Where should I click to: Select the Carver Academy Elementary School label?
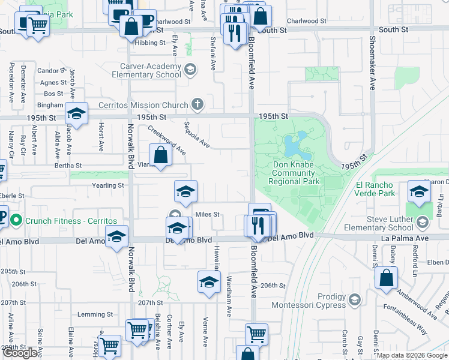click(x=146, y=70)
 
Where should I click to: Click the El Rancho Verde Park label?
click(x=375, y=189)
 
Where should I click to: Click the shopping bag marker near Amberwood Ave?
click(x=387, y=278)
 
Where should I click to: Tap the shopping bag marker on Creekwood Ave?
click(x=161, y=155)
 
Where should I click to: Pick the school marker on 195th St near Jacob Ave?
click(x=77, y=113)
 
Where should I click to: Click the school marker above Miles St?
click(x=186, y=191)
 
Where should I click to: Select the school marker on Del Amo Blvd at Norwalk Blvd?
click(x=116, y=236)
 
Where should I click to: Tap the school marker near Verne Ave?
click(x=209, y=282)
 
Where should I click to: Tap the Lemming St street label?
click(x=95, y=314)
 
